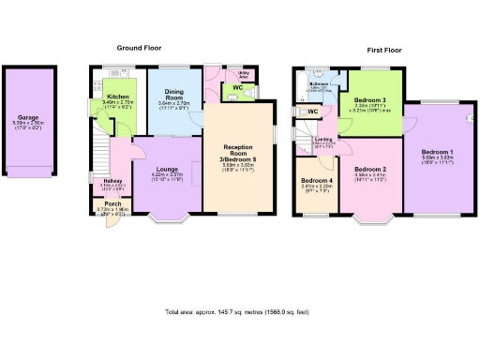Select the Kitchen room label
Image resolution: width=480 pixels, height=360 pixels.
pos(118,97)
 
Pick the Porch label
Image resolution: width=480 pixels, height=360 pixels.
pos(112,202)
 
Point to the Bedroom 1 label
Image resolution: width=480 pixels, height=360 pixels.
pos(437,152)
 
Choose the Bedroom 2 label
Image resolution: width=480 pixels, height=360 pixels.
pos(370,169)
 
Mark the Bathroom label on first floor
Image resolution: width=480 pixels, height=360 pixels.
pos(319,84)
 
